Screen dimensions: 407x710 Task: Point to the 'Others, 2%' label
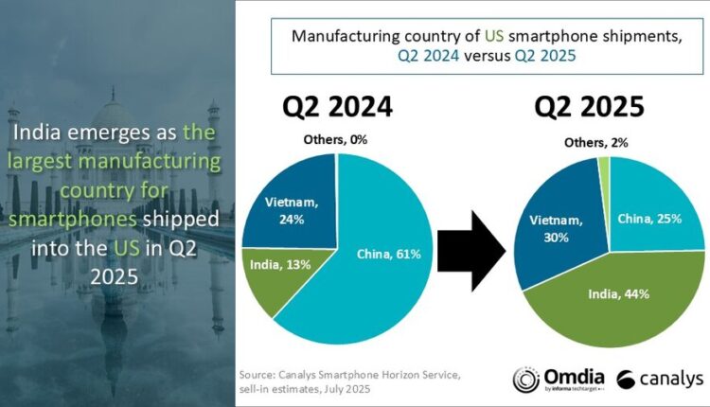click(593, 142)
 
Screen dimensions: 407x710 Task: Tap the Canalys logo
click(659, 380)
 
